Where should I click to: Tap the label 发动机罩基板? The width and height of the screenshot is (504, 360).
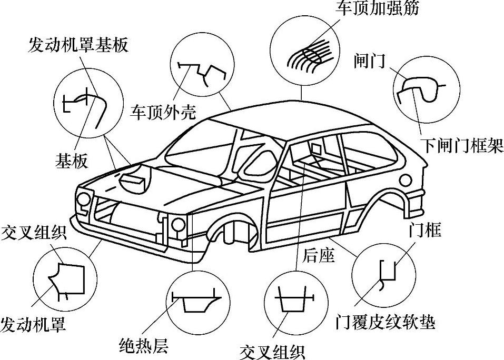[x=78, y=45]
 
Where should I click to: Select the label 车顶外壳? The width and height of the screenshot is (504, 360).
[x=163, y=112]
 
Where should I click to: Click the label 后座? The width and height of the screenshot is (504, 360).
[x=319, y=256]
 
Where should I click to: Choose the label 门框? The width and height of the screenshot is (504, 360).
[x=425, y=230]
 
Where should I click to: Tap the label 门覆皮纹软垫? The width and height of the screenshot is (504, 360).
[x=386, y=321]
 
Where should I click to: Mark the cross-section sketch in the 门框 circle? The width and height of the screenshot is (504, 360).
[x=388, y=274]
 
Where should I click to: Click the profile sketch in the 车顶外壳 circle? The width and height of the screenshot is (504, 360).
[x=203, y=71]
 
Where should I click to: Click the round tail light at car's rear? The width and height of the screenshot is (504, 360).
[x=406, y=180]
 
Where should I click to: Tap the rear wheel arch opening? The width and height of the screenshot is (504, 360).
[x=392, y=203]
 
